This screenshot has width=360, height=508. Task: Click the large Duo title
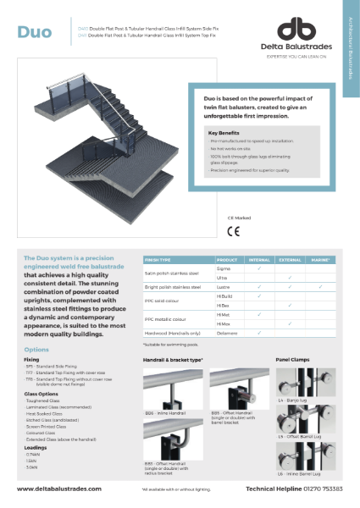(x=34, y=33)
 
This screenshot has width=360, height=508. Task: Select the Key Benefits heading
(x=223, y=133)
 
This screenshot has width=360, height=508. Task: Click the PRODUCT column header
(x=226, y=258)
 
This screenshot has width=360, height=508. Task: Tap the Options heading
(x=36, y=349)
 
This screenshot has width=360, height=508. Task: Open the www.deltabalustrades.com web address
(x=58, y=489)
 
